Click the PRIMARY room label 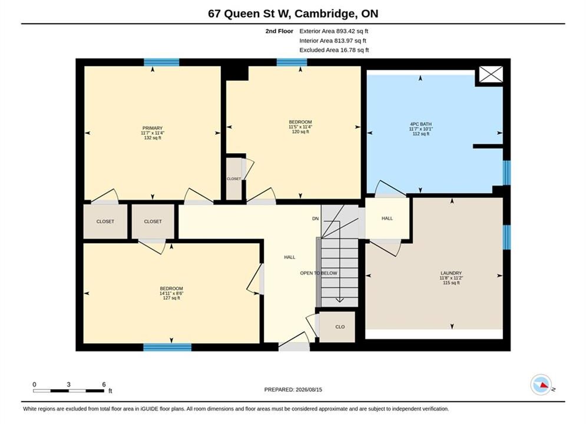153,128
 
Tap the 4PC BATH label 421,124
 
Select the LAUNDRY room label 451,273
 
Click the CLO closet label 340,327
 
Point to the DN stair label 316,218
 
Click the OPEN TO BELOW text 319,273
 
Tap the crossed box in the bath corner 491,74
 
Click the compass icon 541,385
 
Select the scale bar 69,391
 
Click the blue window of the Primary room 161,62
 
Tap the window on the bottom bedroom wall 167,347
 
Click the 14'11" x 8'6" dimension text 171,293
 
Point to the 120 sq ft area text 300,131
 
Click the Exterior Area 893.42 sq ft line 334,31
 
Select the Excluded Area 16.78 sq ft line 334,49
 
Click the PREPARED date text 293,389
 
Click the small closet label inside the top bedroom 234,179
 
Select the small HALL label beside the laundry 387,218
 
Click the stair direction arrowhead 339,300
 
